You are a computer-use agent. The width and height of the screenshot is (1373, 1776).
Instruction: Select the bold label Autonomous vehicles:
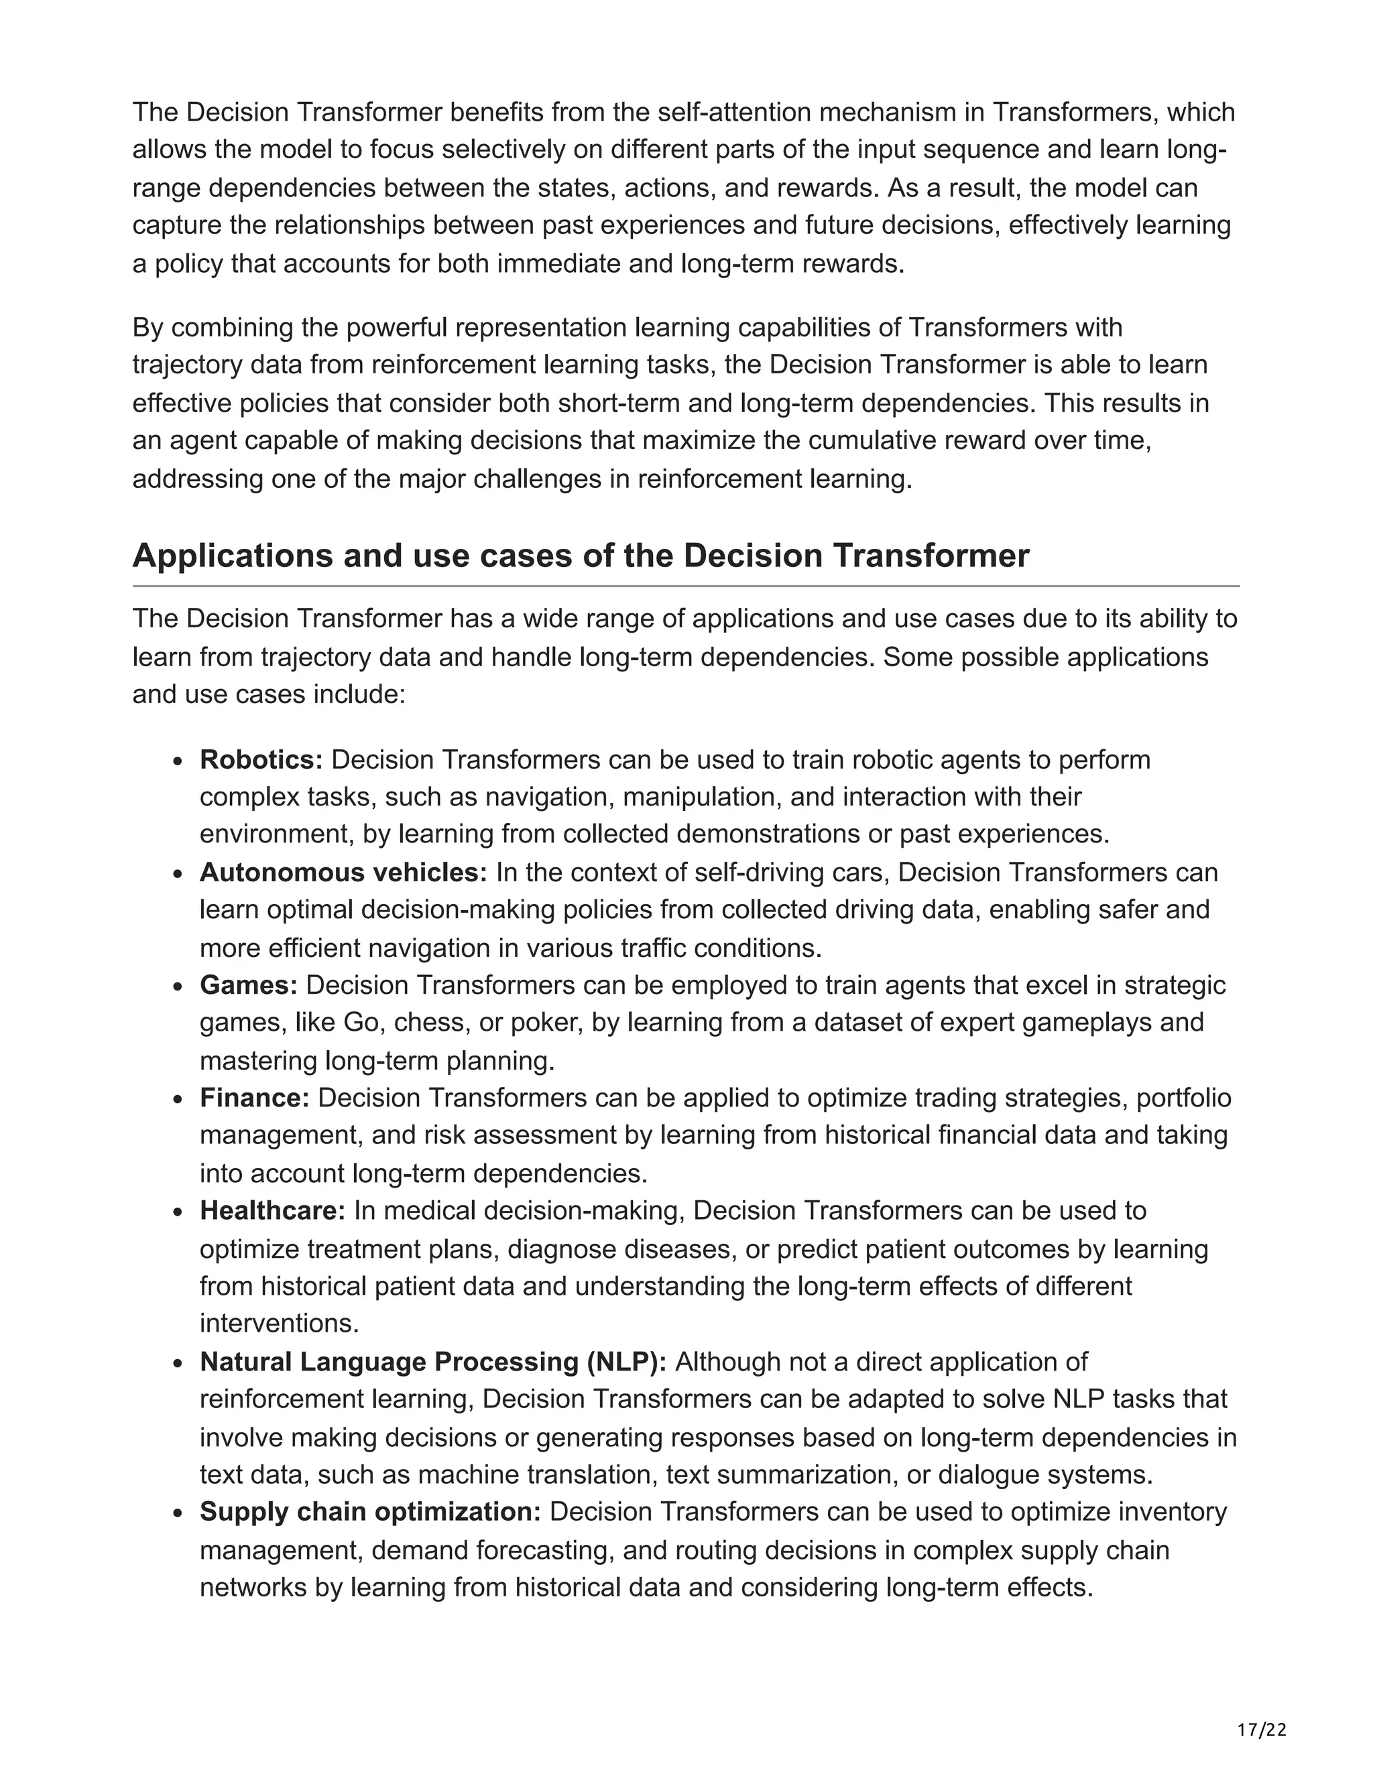pos(343,873)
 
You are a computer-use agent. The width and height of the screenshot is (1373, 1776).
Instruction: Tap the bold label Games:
pos(249,986)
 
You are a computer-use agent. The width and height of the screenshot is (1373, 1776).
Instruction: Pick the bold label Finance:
pos(255,1098)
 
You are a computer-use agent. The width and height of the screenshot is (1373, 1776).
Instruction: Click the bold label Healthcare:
pos(272,1211)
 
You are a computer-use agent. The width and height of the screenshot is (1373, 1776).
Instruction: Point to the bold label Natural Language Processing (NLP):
pos(432,1362)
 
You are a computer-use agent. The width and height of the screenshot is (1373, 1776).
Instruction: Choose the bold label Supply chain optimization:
pos(370,1512)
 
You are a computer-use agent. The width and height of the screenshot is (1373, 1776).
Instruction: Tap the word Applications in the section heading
pos(231,556)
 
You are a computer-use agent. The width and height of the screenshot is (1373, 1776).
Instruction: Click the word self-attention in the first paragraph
pos(729,112)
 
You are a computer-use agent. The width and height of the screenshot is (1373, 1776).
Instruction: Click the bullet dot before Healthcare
pos(178,1212)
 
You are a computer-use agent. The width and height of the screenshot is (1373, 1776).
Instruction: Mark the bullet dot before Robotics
pos(178,761)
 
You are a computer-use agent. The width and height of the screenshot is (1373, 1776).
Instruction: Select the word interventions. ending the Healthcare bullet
pos(279,1324)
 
